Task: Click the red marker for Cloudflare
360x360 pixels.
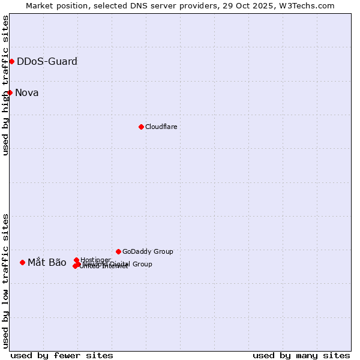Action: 141,127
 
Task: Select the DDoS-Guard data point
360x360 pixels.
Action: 11,61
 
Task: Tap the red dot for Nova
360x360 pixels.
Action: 10,92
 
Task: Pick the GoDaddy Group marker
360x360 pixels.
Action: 118,251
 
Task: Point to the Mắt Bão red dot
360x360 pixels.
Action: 22,262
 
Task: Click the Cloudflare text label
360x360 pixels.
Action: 161,127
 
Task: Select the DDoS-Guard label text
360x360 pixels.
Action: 47,61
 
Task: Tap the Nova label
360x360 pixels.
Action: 26,92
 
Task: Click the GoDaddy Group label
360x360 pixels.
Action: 148,251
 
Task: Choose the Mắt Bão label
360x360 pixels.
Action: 47,262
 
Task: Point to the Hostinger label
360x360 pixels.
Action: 95,260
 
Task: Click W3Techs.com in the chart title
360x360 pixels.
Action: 305,6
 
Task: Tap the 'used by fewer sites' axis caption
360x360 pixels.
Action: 62,355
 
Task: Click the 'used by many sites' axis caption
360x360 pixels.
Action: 301,355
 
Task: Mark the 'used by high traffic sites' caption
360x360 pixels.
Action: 6,86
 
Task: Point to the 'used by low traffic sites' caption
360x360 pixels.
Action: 6,280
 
